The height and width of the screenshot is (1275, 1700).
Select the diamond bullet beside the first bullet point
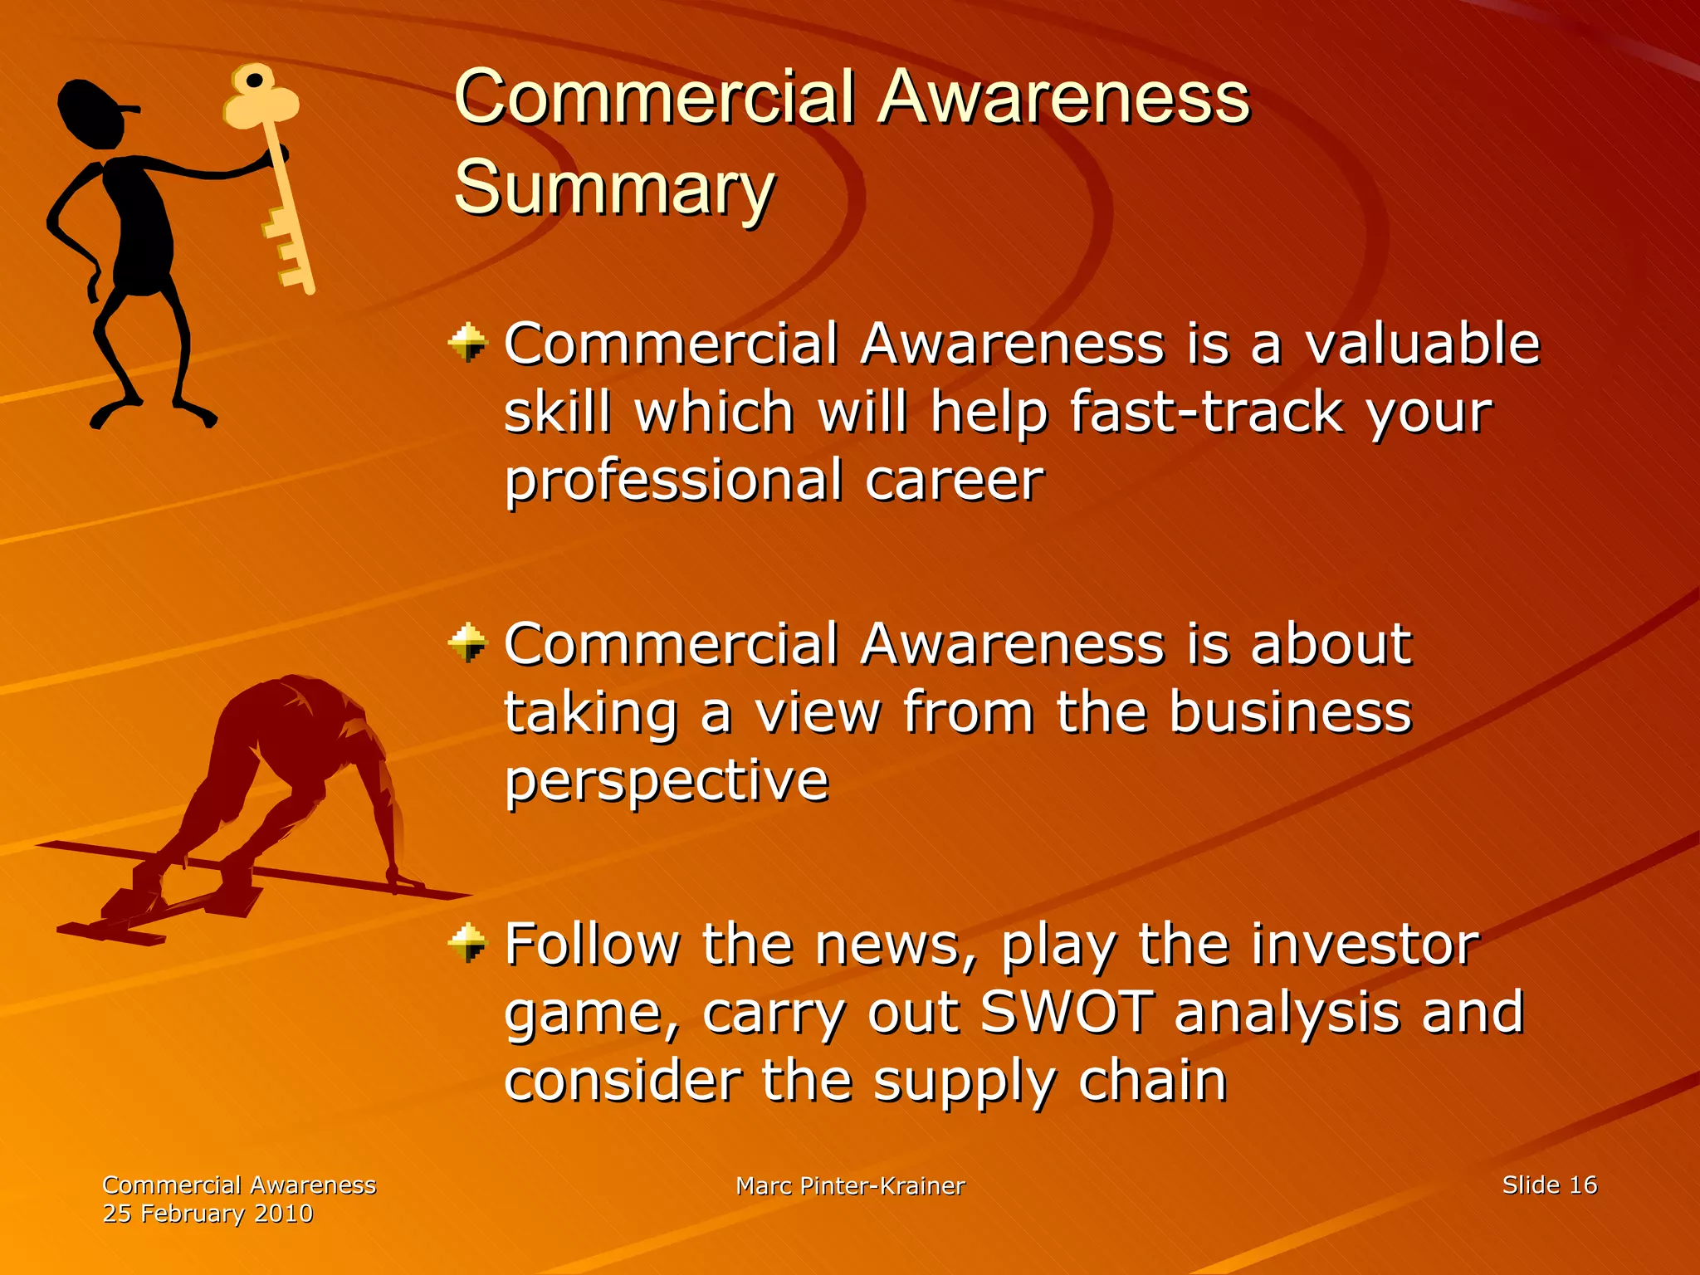(x=467, y=342)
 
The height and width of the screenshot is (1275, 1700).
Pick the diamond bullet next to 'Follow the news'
(x=467, y=942)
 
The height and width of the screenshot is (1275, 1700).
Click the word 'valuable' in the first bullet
(x=1422, y=344)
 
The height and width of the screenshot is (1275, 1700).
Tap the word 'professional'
(x=673, y=481)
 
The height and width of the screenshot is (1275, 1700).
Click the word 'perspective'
(x=667, y=781)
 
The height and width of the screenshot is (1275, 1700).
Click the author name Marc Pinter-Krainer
(x=850, y=1186)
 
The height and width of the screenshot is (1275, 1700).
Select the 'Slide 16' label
(x=1549, y=1185)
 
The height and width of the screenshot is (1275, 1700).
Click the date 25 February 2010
(x=208, y=1214)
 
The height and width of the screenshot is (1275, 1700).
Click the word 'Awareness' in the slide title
(x=1064, y=97)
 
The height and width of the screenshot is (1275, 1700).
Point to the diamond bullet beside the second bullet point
(x=467, y=642)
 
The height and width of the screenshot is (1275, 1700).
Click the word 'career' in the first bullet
(x=954, y=481)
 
